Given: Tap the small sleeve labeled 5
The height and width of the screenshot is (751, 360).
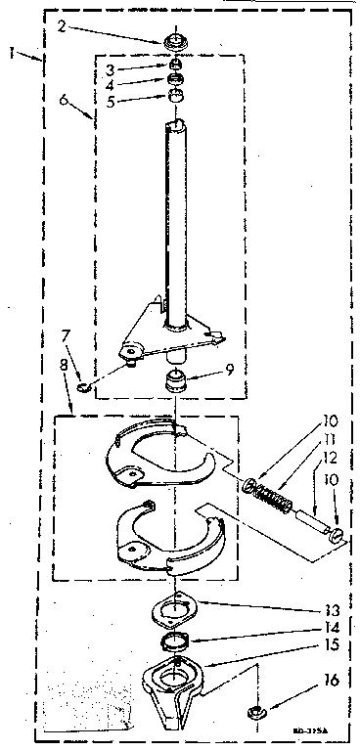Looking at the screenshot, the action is (x=177, y=97).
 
